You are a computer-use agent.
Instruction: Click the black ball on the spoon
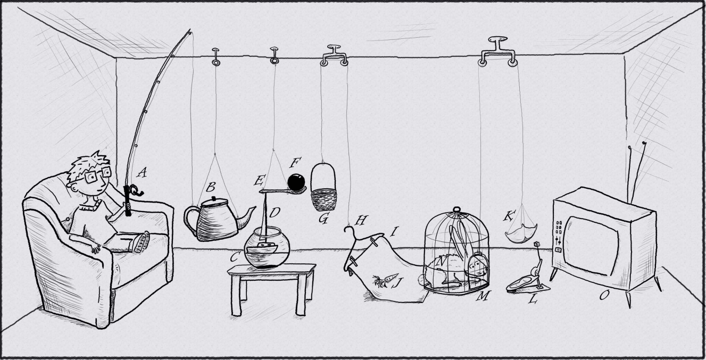click(296, 182)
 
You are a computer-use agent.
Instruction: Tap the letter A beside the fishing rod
click(142, 173)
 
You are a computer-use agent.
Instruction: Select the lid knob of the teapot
click(214, 199)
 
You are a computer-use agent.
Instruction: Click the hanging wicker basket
click(323, 188)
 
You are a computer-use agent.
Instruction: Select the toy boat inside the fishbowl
click(262, 248)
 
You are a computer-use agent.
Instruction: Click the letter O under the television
click(603, 295)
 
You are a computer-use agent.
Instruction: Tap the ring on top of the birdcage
click(456, 209)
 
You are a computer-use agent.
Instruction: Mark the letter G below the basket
click(323, 218)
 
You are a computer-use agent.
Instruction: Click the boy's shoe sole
click(142, 242)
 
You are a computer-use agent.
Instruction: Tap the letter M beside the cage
click(484, 296)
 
